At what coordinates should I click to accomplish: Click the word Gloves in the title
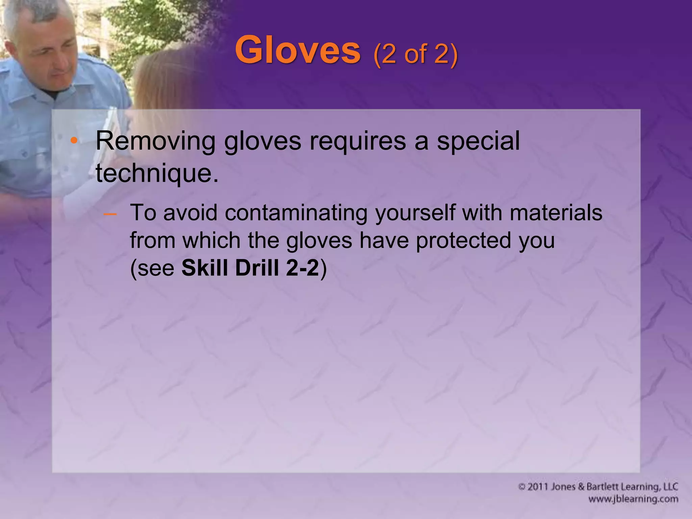coord(298,51)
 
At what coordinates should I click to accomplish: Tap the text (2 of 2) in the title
coord(416,54)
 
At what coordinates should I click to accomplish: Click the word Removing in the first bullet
coord(155,141)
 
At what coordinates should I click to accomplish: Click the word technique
coord(157,173)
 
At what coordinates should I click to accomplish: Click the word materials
coord(556,213)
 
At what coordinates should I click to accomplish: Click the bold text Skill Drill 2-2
coord(250,268)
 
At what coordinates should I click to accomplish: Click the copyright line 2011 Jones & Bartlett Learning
coord(598,487)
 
